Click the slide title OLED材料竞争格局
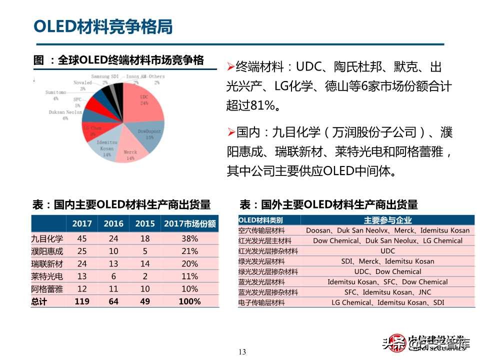pyautogui.click(x=103, y=26)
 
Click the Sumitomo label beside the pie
pyautogui.click(x=55, y=92)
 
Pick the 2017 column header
pyautogui.click(x=82, y=224)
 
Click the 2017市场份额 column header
pyautogui.click(x=189, y=224)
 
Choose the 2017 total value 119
pyautogui.click(x=81, y=301)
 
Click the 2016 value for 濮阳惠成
pyautogui.click(x=113, y=251)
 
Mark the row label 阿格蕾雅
pyautogui.click(x=47, y=289)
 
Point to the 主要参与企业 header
pyautogui.click(x=387, y=220)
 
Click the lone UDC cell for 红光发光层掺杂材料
pyautogui.click(x=387, y=251)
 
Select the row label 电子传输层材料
pyautogui.click(x=261, y=302)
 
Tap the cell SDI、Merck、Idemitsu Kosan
pyautogui.click(x=387, y=261)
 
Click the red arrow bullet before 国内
pyautogui.click(x=230, y=132)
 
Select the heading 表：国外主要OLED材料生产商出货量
pyautogui.click(x=328, y=204)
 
